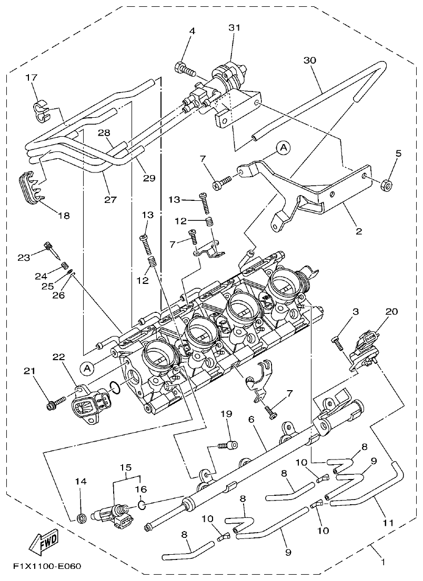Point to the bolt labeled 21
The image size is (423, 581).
(55, 404)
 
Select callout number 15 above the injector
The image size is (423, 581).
(126, 467)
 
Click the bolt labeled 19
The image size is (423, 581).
(229, 445)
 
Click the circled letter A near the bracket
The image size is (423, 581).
(283, 148)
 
